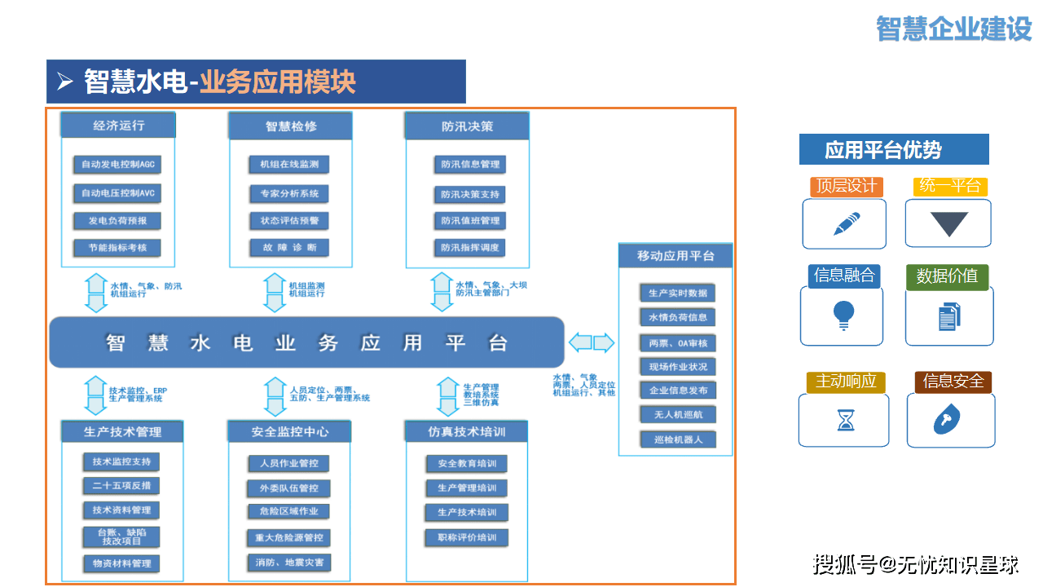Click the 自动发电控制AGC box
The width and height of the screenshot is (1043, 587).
coord(117,165)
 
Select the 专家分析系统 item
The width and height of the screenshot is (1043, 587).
coord(289,194)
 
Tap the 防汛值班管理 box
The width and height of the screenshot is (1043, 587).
coord(470,221)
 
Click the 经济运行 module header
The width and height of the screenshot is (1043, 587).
coord(119,126)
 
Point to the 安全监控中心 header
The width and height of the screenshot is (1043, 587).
coord(290,431)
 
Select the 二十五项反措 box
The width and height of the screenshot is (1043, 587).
coord(121,486)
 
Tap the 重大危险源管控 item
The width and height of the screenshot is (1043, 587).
coord(290,538)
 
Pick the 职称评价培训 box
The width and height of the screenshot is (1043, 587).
coord(467,537)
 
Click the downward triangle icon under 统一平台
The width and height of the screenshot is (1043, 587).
coord(949,223)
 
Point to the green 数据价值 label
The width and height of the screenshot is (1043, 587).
coord(947,276)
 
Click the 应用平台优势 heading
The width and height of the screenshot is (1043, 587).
coord(893,150)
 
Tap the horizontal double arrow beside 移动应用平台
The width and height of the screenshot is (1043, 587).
coord(592,342)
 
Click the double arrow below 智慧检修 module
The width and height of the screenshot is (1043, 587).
coord(275,293)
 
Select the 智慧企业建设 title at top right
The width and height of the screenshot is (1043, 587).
coord(953,29)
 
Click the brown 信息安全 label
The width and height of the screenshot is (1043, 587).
coord(953,382)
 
